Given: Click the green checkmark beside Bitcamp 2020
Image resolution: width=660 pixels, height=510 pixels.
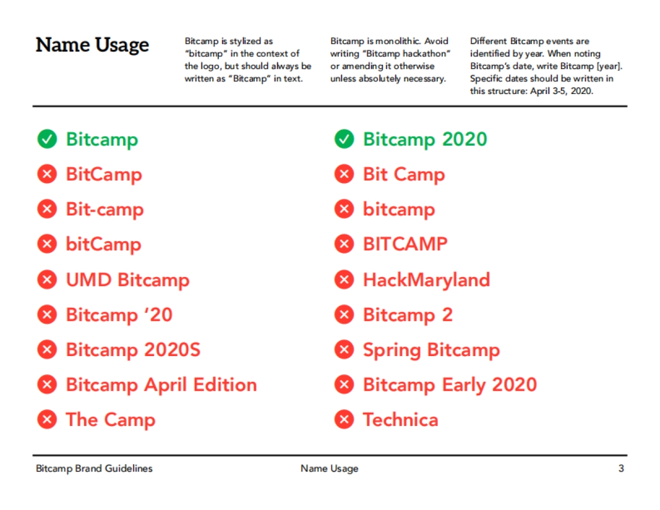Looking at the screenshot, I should click(x=344, y=140).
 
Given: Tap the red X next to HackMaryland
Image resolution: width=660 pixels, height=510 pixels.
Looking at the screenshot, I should click(x=344, y=280).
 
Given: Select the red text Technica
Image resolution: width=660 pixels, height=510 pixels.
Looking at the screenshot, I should click(x=400, y=420).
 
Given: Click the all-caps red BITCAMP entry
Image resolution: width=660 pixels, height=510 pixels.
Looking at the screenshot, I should click(x=405, y=245).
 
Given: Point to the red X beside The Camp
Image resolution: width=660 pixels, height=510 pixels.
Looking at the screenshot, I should click(x=47, y=420).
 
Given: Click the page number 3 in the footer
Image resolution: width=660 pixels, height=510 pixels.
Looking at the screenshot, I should click(x=621, y=469).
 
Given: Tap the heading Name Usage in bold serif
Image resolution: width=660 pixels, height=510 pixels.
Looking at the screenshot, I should click(x=92, y=45).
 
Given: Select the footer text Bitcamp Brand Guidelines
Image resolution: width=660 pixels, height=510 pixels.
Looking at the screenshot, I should click(x=94, y=469).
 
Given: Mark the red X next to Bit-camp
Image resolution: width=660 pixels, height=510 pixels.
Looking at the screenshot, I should click(x=47, y=210).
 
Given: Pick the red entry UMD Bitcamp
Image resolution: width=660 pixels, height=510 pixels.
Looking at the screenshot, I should click(x=128, y=280).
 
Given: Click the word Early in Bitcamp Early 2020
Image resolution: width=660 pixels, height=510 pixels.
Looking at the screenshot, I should click(x=463, y=385).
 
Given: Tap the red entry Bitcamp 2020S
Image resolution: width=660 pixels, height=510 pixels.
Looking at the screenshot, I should click(x=133, y=350).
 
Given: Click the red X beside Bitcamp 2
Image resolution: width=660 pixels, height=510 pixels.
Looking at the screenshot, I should click(x=344, y=315).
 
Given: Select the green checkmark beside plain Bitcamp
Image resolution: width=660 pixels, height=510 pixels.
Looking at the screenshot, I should click(x=47, y=140).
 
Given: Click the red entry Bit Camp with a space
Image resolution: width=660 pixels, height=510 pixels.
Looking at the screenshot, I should click(x=404, y=175).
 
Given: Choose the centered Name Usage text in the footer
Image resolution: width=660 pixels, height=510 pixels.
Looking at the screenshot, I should click(x=329, y=469).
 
